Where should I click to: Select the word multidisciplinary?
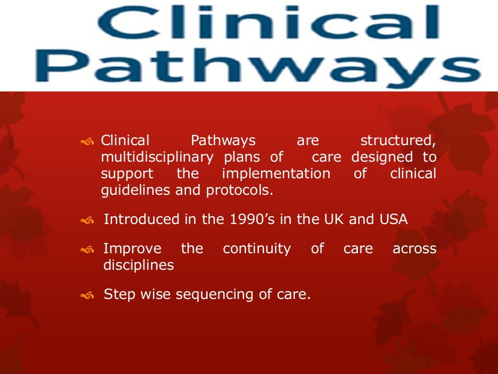(157, 158)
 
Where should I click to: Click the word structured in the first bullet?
(397, 141)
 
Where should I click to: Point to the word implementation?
(276, 174)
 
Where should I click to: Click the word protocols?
(240, 190)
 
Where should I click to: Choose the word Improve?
(132, 249)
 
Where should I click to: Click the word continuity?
(257, 249)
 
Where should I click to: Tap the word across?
(414, 249)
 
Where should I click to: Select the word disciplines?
(139, 265)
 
